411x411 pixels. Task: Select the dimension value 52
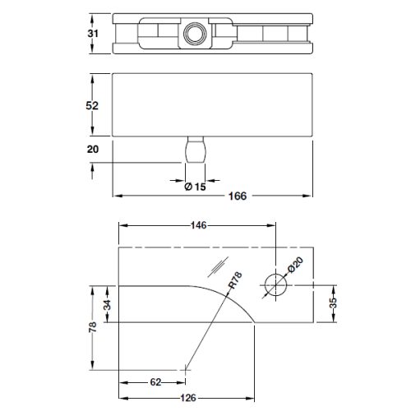click(x=94, y=106)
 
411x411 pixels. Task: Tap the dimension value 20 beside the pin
click(x=94, y=149)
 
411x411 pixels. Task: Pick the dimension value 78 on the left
click(x=94, y=327)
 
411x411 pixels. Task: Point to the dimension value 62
click(x=155, y=383)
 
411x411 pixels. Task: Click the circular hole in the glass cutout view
click(x=275, y=284)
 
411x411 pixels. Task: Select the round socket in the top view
click(x=194, y=34)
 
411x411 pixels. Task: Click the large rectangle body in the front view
click(x=214, y=105)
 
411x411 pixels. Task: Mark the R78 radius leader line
click(x=210, y=329)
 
